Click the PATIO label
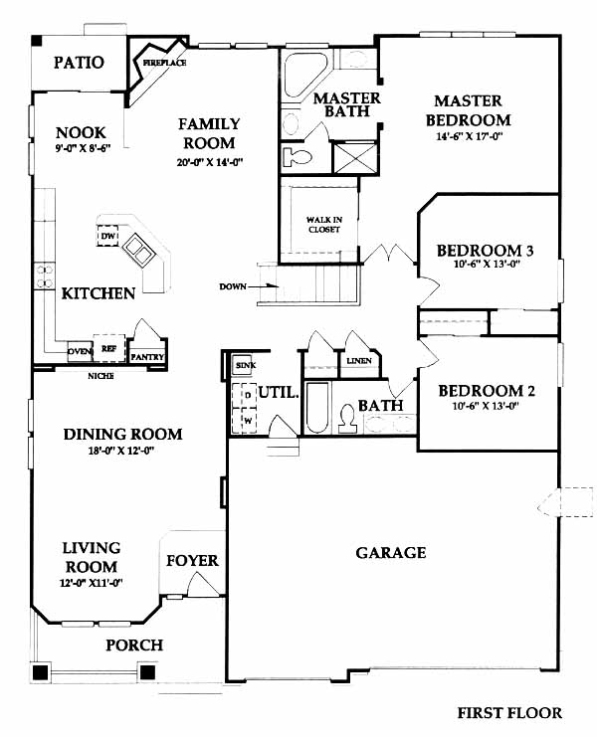[x=79, y=62]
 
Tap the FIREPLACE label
[x=164, y=63]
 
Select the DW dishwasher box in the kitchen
[x=108, y=236]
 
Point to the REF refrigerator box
[x=109, y=348]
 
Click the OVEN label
[x=80, y=351]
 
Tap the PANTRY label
[x=147, y=357]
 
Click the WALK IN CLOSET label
[x=324, y=224]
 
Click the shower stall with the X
[x=355, y=157]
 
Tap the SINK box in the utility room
[x=243, y=365]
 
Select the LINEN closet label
[x=359, y=360]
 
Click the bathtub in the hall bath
[x=317, y=408]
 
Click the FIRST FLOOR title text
[x=509, y=712]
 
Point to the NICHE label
[x=100, y=376]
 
